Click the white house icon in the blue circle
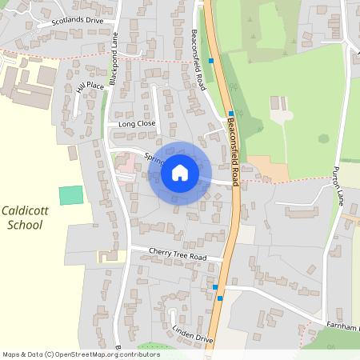tap(180, 173)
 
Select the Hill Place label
tap(90, 86)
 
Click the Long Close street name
tap(136, 124)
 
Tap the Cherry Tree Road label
tap(178, 255)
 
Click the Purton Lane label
tap(338, 186)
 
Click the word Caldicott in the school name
tap(26, 210)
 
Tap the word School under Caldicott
tap(24, 225)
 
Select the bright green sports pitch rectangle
tap(71, 194)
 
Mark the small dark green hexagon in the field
tap(323, 138)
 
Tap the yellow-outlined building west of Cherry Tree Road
tap(106, 257)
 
